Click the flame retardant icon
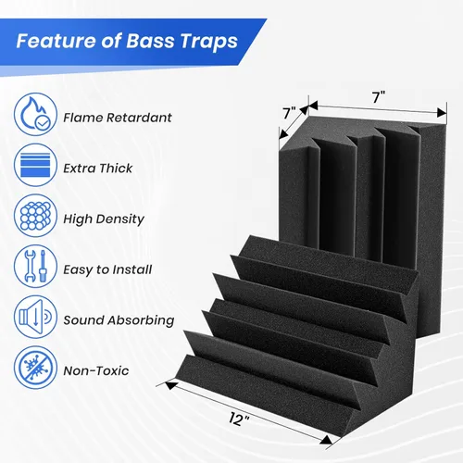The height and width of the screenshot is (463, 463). tap(35, 114)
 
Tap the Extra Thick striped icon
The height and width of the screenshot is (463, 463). tap(35, 165)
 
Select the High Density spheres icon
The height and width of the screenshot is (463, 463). tap(35, 216)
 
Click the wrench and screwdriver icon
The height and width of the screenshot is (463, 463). tap(35, 266)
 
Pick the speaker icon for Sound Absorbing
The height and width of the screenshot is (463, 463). tap(35, 317)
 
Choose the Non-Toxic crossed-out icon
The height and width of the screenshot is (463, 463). tap(35, 368)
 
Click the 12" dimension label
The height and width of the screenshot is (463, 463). tap(239, 419)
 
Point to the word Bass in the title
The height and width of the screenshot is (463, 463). tap(150, 41)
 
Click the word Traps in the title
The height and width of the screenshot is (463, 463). tap(209, 42)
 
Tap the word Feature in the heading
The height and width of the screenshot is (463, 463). tap(56, 41)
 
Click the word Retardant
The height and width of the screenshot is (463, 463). tap(139, 118)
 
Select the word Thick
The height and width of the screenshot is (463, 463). tap(116, 169)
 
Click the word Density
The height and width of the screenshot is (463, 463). tap(120, 219)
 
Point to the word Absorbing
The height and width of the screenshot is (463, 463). tap(142, 320)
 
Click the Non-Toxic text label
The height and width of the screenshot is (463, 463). tap(96, 370)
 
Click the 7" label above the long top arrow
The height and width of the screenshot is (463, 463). tap(379, 97)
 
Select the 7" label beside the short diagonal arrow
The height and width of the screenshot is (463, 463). tap(290, 113)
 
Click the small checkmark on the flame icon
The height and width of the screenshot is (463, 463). tap(43, 124)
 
